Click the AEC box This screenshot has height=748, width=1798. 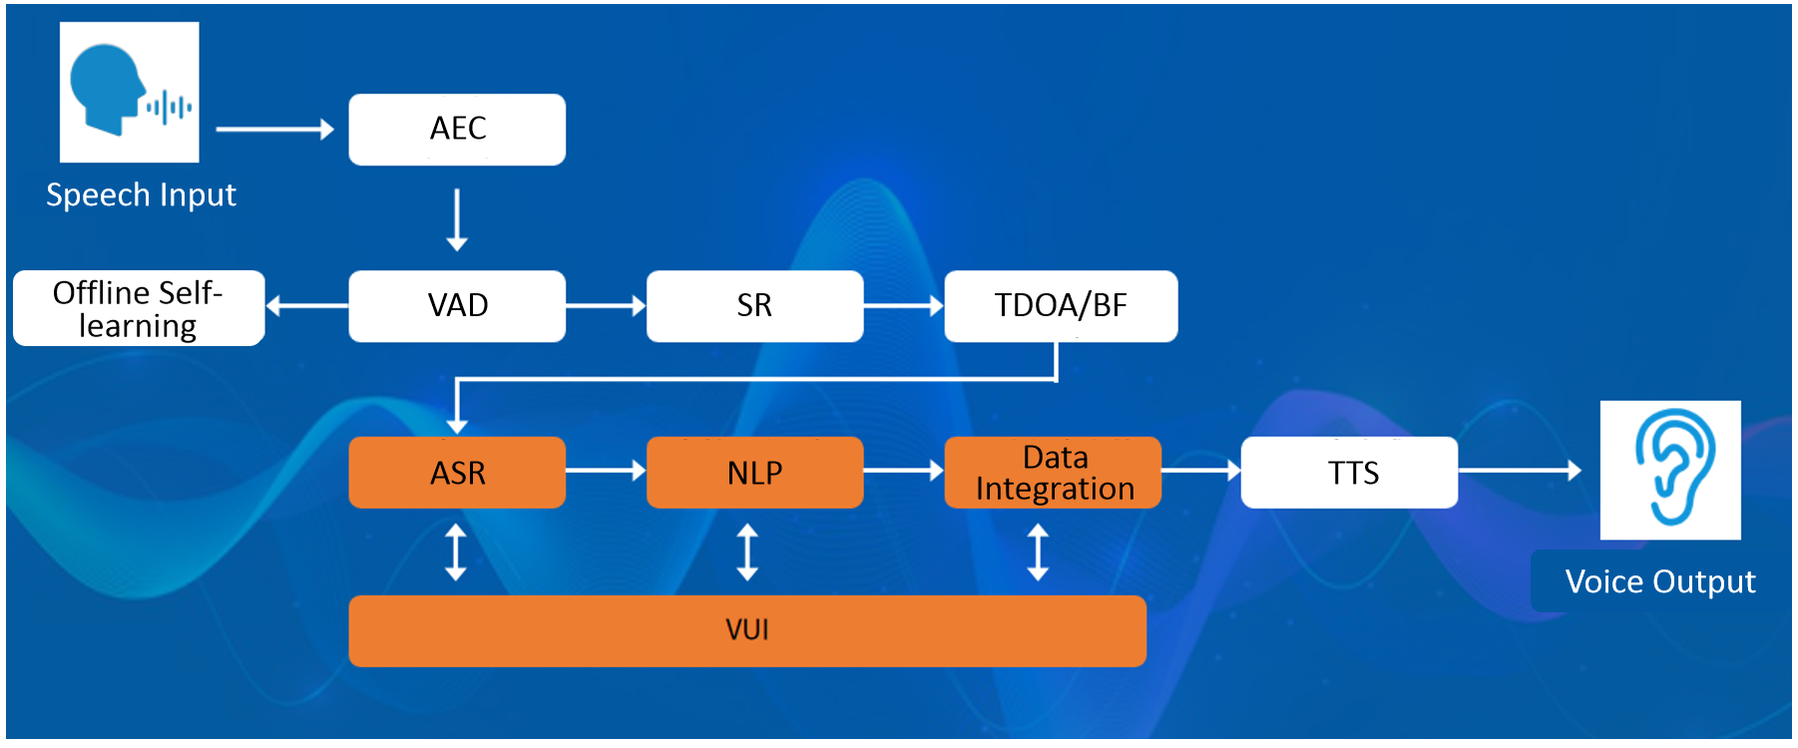(x=457, y=130)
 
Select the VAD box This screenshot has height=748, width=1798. (x=457, y=306)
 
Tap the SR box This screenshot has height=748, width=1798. (x=754, y=306)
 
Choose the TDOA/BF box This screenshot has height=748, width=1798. (x=1061, y=306)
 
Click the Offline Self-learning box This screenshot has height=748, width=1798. (x=139, y=308)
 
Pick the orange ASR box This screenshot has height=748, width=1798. (x=457, y=473)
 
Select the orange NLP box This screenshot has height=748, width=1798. (x=754, y=473)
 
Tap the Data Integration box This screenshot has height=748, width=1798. (x=1053, y=473)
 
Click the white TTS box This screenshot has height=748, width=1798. (x=1349, y=473)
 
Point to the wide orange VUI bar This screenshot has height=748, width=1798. (x=747, y=631)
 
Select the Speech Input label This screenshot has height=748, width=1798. (x=141, y=195)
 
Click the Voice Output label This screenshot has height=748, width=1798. (x=1660, y=582)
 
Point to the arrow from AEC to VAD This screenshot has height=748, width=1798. (x=457, y=219)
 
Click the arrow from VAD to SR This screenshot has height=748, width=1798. (x=606, y=306)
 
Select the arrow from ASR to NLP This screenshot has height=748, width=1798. (x=606, y=471)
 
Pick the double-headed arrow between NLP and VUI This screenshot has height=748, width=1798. (x=747, y=553)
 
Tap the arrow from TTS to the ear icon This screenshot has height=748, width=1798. (x=1520, y=470)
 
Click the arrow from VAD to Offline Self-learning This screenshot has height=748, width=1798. (x=307, y=306)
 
